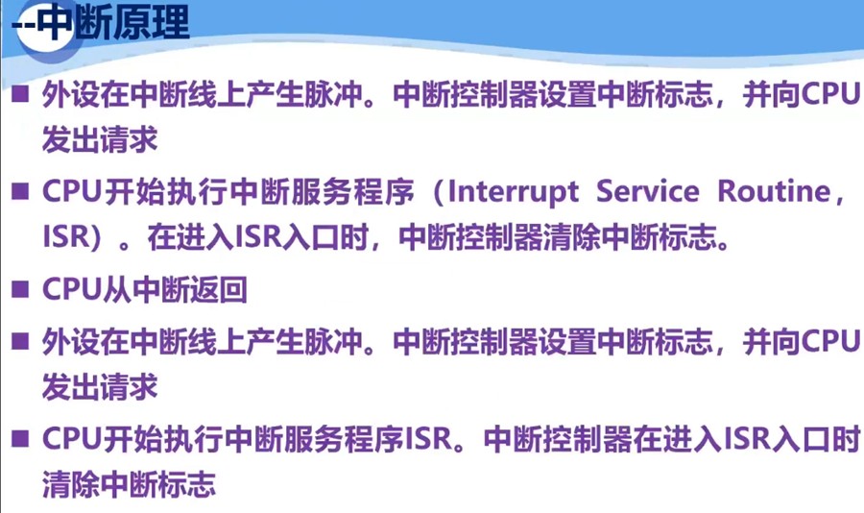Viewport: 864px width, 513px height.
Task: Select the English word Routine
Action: (773, 191)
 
